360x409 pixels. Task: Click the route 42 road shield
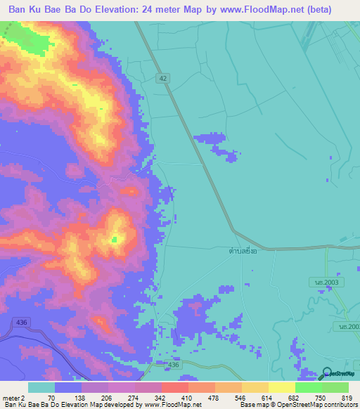[x=163, y=79]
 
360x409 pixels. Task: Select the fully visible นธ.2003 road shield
[x=319, y=281]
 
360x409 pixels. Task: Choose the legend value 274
[x=122, y=398]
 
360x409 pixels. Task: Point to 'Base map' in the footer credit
[x=252, y=405]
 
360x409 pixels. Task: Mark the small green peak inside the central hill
[x=115, y=240]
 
